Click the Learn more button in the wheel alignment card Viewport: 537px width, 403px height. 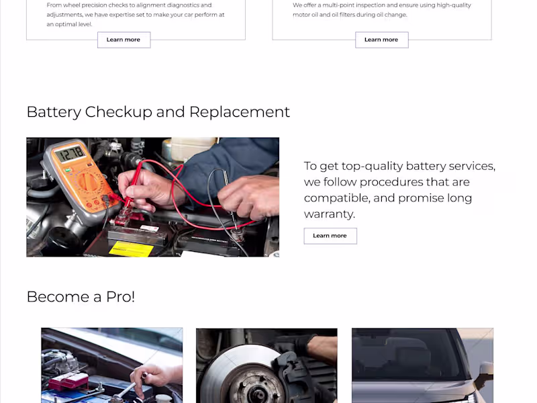[124, 40]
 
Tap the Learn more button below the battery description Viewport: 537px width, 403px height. [330, 236]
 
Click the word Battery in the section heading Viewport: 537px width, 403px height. [54, 112]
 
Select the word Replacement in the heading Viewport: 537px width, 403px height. [240, 112]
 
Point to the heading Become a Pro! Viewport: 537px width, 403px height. [81, 297]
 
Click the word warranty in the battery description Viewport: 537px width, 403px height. [329, 214]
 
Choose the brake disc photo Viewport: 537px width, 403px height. [266, 365]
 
